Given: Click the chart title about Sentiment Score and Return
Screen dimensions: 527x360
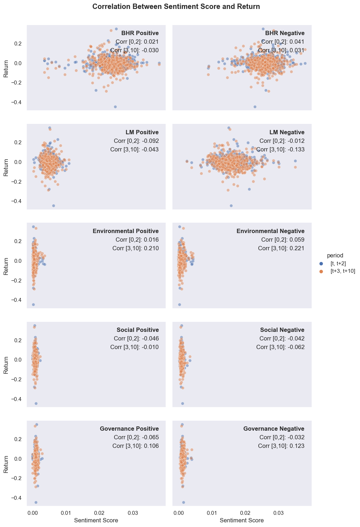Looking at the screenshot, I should coord(176,7).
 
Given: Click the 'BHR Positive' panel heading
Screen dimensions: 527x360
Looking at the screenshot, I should coord(140,33).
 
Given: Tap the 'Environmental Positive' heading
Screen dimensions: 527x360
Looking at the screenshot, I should coord(126,231).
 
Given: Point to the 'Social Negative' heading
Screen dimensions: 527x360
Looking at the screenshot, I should coord(282,330).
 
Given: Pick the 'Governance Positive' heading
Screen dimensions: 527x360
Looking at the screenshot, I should coord(129,429).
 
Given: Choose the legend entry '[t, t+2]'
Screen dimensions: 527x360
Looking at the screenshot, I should coord(338,263).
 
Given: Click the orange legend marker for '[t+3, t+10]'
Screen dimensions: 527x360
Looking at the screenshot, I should coord(321,271).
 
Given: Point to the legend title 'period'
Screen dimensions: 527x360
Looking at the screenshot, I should coord(335,255).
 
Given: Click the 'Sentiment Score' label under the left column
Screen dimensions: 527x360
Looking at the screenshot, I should coord(96,520).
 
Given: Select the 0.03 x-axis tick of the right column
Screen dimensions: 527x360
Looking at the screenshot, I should coord(278,513).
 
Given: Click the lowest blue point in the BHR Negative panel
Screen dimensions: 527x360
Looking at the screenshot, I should coord(255,107).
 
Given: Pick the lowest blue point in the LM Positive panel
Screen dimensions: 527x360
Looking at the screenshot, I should coord(54,206).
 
